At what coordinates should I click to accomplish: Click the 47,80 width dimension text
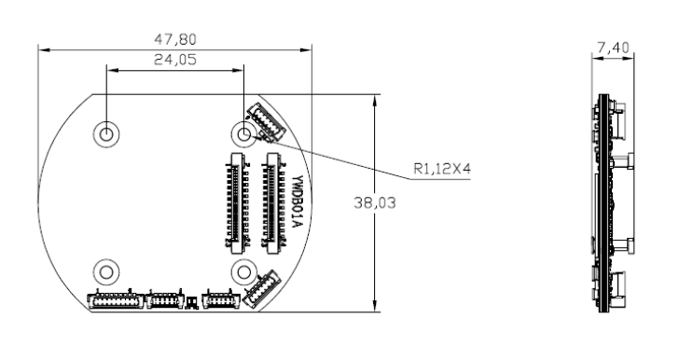[x=175, y=40]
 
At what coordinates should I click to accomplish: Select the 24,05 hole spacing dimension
[x=175, y=60]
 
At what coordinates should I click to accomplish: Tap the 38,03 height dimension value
[x=375, y=203]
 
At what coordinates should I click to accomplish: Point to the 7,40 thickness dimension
[x=613, y=48]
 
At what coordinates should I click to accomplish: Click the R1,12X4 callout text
[x=442, y=169]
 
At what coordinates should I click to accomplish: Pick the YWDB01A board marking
[x=298, y=201]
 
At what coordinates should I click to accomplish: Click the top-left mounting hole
[x=106, y=133]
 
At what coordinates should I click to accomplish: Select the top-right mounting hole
[x=244, y=133]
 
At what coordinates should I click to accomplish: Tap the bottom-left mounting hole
[x=106, y=272]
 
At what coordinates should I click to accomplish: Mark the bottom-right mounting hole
[x=244, y=272]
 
